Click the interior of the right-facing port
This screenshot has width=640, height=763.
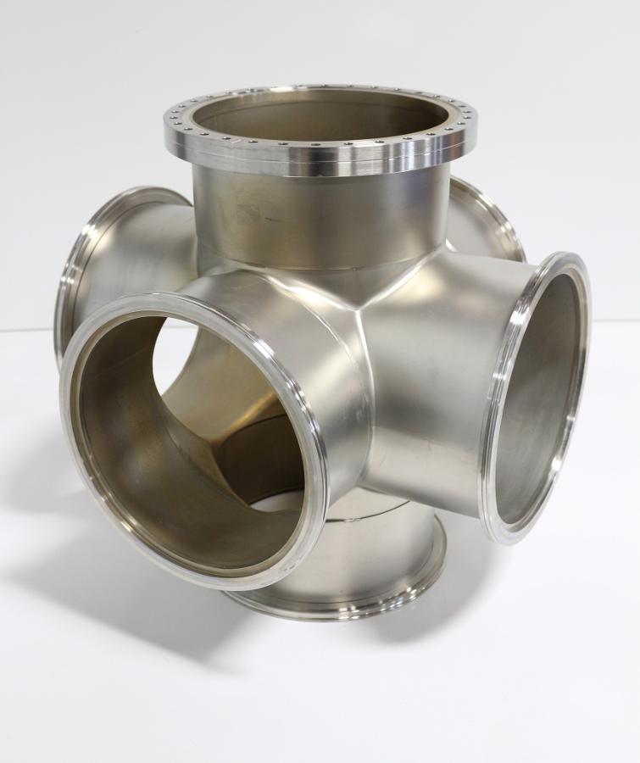[x=543, y=398]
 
